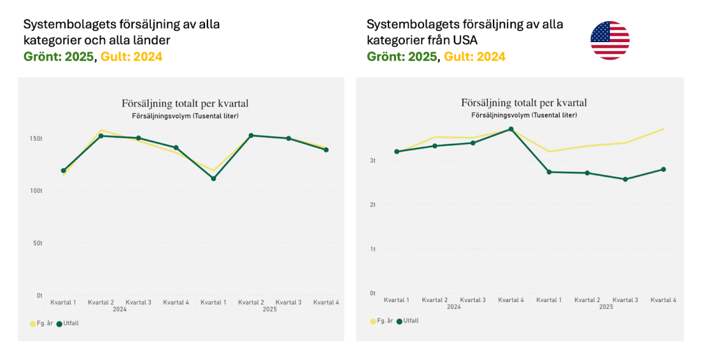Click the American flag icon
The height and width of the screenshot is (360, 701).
610,40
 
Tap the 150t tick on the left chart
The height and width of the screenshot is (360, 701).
36,139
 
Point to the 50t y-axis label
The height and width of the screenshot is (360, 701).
37,243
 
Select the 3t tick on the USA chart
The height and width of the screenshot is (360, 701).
372,160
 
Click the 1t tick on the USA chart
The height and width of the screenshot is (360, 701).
372,249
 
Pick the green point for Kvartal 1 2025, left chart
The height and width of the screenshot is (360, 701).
214,178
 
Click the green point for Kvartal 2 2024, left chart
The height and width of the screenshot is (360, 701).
101,136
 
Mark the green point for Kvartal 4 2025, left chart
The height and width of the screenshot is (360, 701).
326,150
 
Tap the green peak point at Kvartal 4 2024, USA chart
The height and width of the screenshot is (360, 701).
511,129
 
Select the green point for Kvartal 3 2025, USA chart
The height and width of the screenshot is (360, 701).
625,179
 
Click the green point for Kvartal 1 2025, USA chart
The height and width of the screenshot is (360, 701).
549,172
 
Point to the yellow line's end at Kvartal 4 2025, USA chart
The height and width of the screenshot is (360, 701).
664,129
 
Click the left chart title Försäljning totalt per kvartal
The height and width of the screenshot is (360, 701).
185,103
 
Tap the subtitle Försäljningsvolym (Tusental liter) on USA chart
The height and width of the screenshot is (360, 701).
524,115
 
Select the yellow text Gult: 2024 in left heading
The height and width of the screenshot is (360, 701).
131,57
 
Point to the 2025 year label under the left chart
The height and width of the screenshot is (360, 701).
269,309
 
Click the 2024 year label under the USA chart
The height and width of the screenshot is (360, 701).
454,307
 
